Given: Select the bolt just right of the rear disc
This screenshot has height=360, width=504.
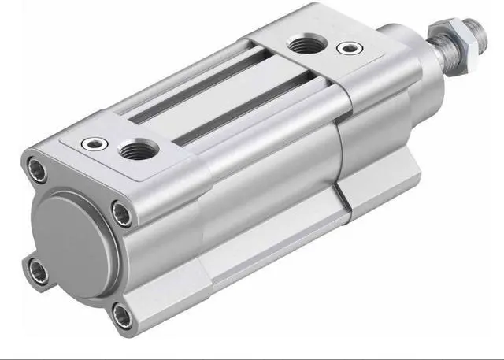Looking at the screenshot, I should (121, 213).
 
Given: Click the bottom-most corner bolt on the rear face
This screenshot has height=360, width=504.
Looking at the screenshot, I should (122, 317).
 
